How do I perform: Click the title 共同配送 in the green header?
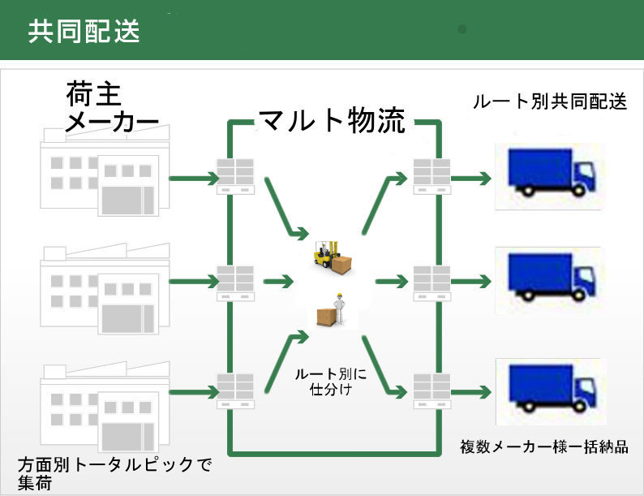click(x=84, y=31)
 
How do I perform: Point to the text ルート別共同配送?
click(x=550, y=102)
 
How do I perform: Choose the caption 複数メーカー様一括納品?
click(x=543, y=447)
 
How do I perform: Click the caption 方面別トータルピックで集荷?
click(x=114, y=472)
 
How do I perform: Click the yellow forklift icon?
click(x=332, y=254)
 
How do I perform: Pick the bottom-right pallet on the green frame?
click(x=431, y=390)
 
